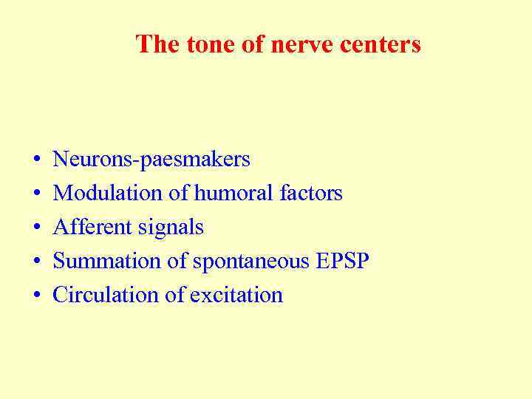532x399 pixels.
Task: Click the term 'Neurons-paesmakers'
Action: tap(151, 159)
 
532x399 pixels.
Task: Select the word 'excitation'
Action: tap(236, 295)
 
